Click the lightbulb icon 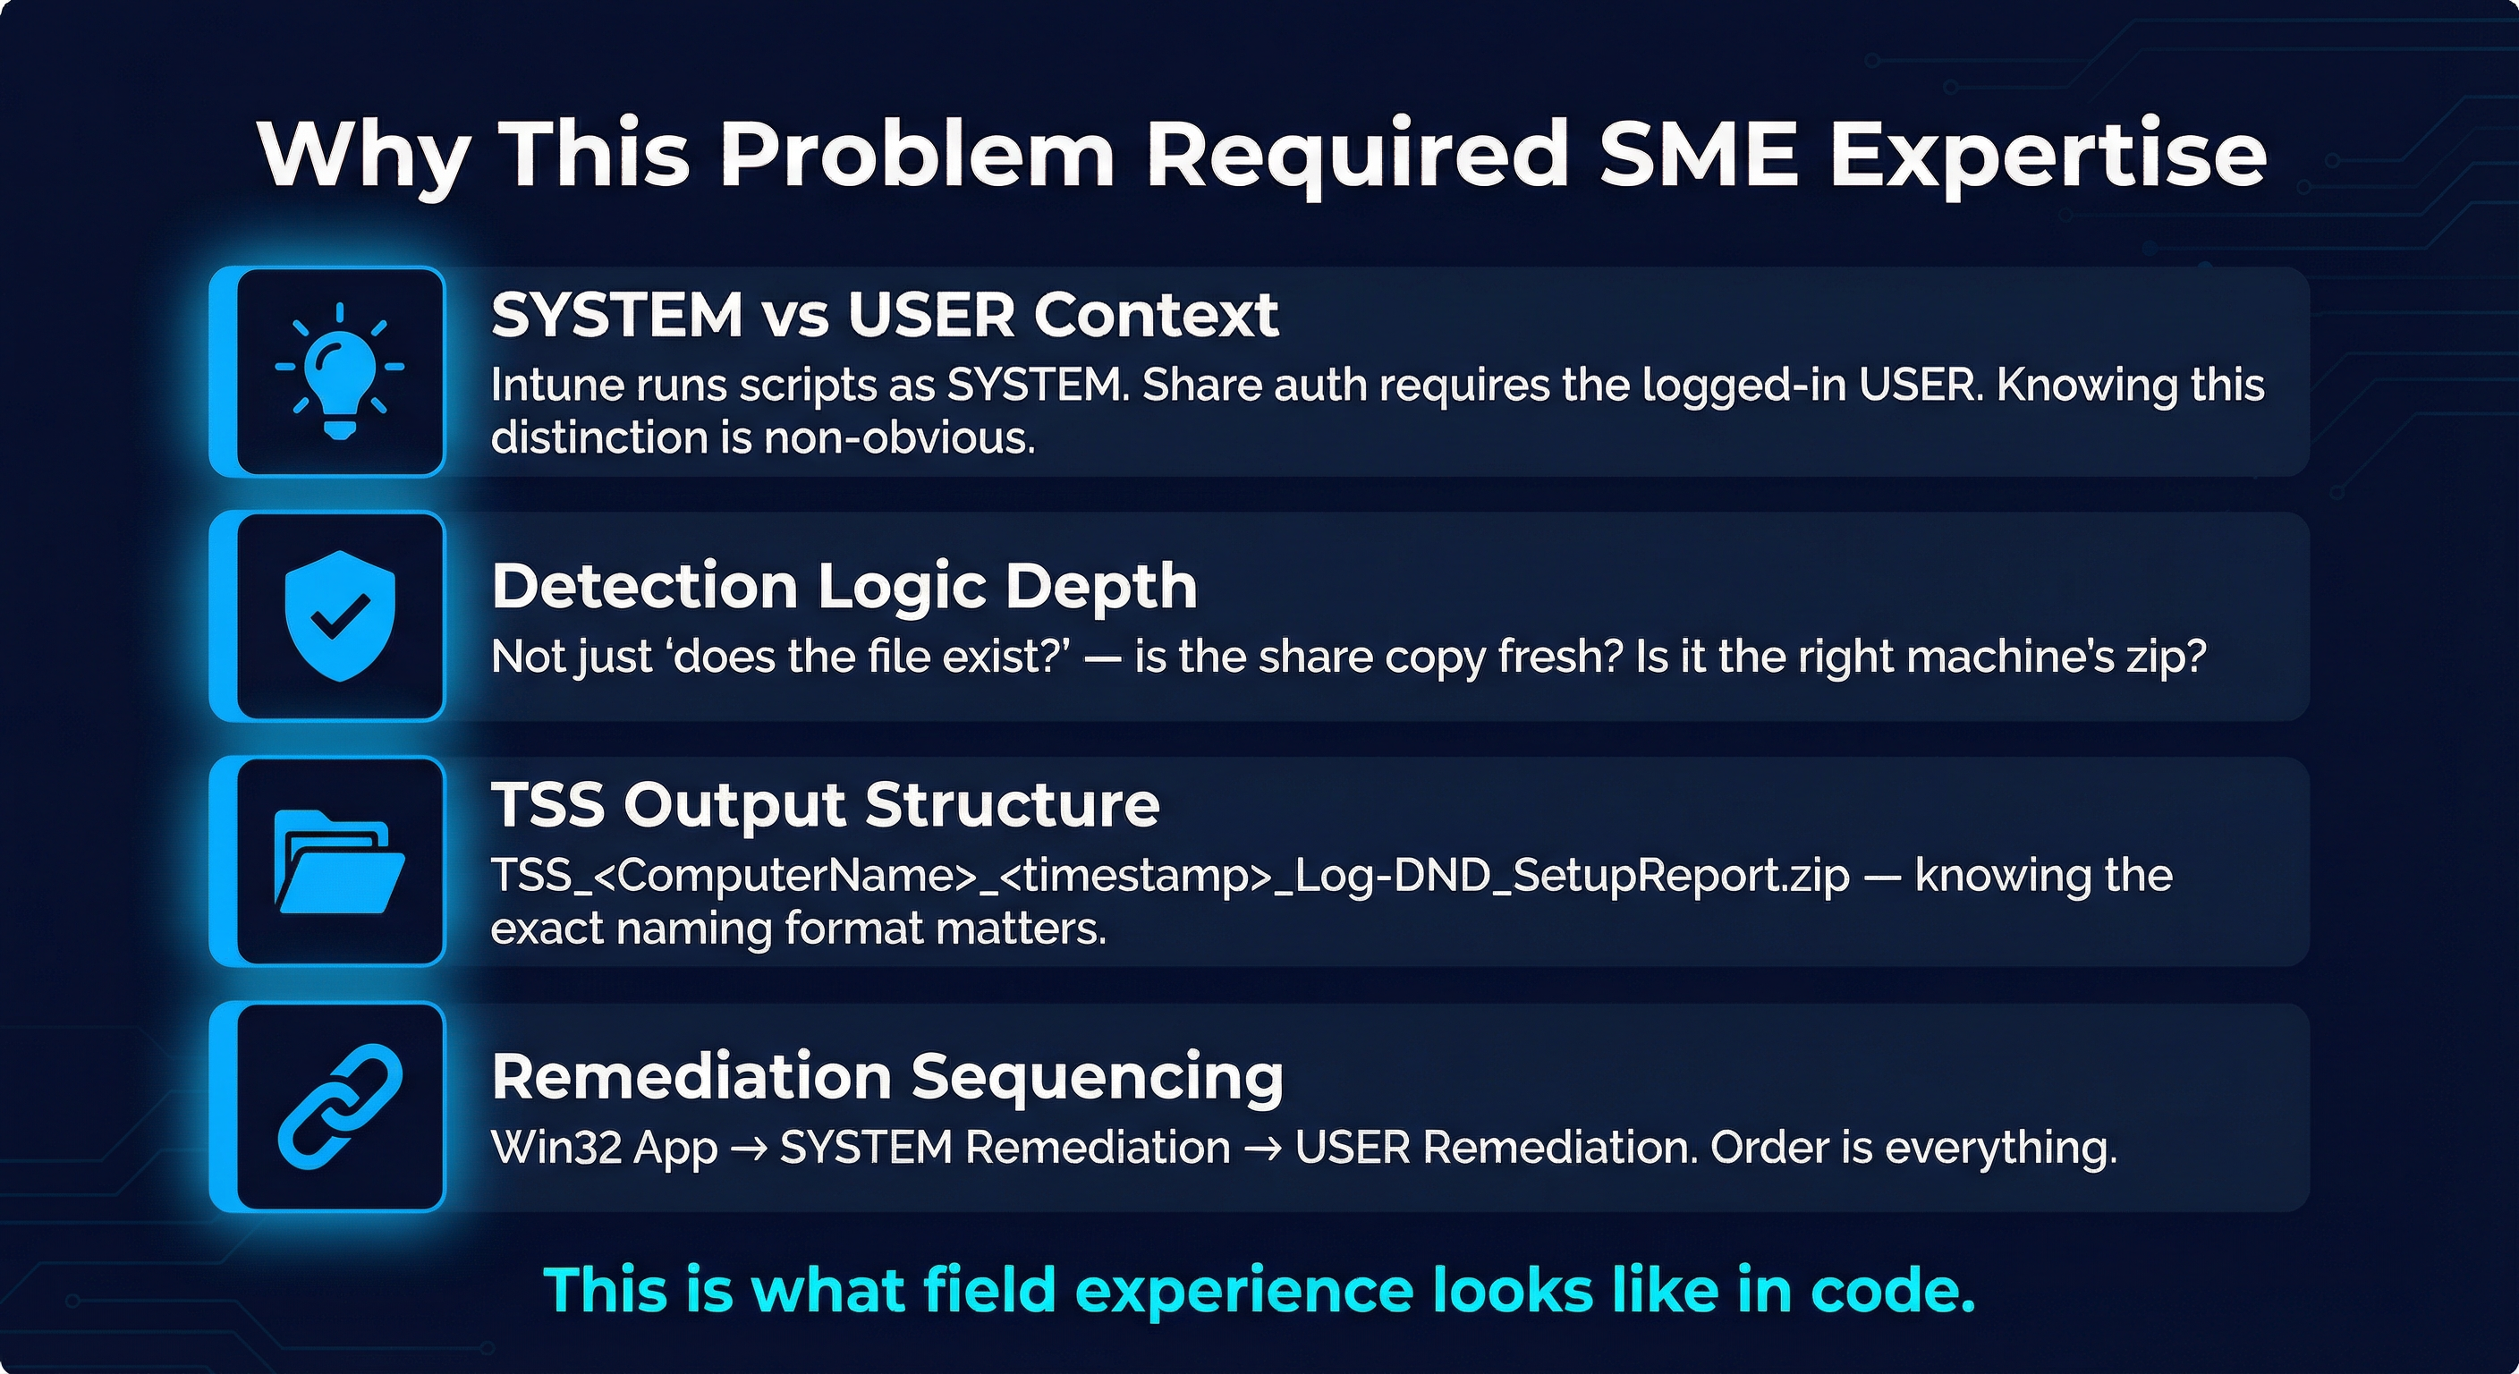point(339,371)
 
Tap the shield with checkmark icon point(339,615)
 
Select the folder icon point(339,861)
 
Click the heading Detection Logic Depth point(844,587)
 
